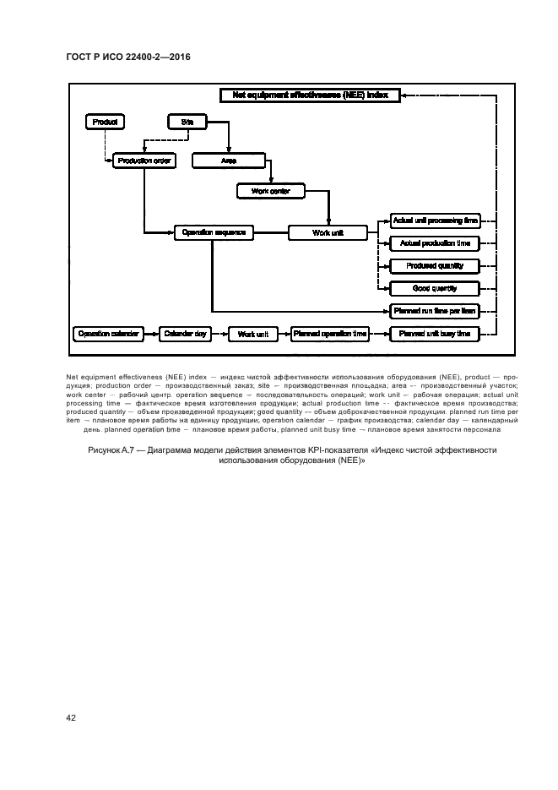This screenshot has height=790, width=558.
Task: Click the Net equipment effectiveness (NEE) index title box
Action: (309, 96)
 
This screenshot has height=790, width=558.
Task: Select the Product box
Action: (106, 123)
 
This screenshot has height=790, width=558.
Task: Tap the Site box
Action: (187, 123)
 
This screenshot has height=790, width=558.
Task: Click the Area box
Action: (228, 160)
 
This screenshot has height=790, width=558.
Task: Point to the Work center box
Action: (270, 192)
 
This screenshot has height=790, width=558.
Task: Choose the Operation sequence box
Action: (213, 232)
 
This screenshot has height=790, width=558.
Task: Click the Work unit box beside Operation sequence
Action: (328, 232)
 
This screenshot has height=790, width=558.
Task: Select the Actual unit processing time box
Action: (436, 221)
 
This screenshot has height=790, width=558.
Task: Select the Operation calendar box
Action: (106, 335)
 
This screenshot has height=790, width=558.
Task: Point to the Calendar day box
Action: (184, 335)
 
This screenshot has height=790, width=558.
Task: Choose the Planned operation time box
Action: (330, 335)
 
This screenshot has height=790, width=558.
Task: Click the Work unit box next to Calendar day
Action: (252, 335)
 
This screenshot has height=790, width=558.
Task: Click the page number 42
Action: (72, 717)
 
